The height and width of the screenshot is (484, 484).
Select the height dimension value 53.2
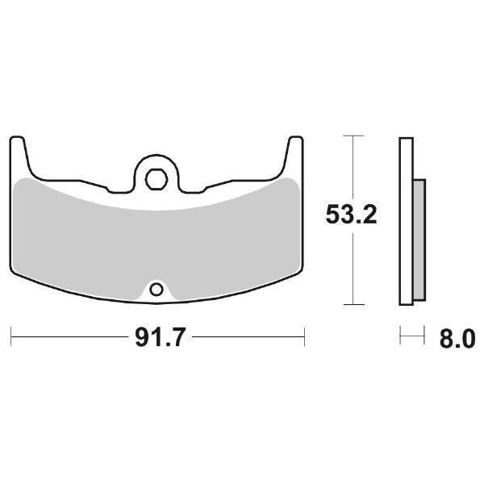point(351,216)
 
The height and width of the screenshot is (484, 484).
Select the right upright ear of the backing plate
point(294,153)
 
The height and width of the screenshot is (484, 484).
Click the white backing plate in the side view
point(406,222)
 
